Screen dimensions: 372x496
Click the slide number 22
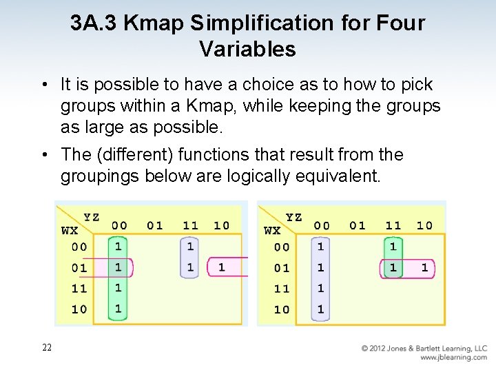[x=47, y=348]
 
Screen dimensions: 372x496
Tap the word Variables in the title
[x=247, y=49]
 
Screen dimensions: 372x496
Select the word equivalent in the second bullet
[x=339, y=176]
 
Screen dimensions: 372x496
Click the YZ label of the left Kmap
[x=92, y=217]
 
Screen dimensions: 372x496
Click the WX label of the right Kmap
[x=273, y=231]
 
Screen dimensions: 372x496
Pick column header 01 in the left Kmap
[x=154, y=225]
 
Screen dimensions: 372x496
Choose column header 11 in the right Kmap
[x=393, y=225]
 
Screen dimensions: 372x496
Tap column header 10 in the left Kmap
[x=221, y=225]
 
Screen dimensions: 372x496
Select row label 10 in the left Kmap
[x=79, y=309]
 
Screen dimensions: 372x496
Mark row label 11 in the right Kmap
[x=282, y=289]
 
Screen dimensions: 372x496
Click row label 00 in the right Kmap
[x=282, y=247]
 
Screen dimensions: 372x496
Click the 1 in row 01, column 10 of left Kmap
[x=221, y=267]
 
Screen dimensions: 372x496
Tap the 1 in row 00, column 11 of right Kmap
[x=393, y=246]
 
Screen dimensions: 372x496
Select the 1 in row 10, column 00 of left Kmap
[x=118, y=309]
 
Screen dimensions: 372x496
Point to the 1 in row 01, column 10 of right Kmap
[x=424, y=267]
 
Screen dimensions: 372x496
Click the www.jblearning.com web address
[x=453, y=358]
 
